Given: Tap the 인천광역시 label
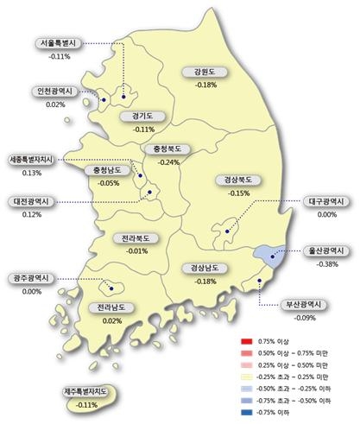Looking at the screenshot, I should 54,91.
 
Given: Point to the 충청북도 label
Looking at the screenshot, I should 162,149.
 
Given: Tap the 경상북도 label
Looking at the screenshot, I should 237,180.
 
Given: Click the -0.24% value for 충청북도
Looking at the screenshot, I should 162,162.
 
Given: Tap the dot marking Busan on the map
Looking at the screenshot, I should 259,281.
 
